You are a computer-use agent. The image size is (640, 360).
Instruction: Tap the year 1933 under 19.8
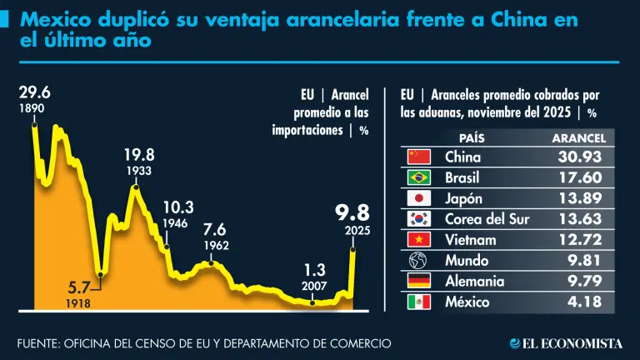(x=139, y=171)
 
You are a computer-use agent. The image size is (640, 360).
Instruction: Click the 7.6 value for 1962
(x=214, y=229)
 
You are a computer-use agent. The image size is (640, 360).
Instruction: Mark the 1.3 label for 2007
(x=314, y=270)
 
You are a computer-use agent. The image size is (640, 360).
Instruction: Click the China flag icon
(x=417, y=157)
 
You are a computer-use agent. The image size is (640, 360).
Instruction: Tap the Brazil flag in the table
(x=417, y=177)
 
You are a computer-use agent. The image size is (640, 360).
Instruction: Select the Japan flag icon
(x=417, y=198)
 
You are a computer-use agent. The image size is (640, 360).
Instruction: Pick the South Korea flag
(x=417, y=219)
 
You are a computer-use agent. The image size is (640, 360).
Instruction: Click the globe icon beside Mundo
(x=417, y=261)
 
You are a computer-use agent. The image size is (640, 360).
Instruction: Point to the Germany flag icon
(x=417, y=282)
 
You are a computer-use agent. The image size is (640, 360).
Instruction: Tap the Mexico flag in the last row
(x=417, y=302)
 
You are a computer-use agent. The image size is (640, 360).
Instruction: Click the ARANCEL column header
(x=579, y=137)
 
